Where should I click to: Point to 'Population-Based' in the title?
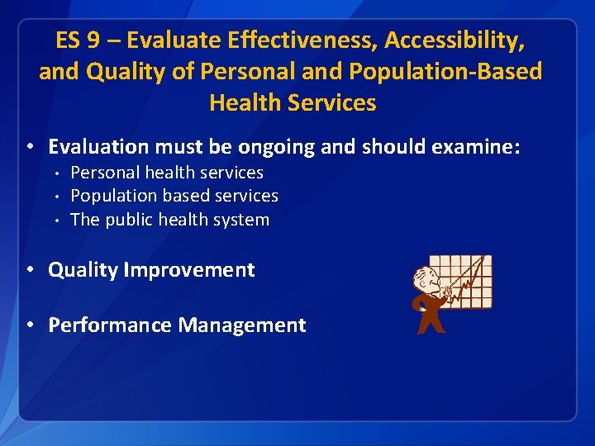[446, 72]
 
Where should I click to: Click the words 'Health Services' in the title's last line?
[293, 103]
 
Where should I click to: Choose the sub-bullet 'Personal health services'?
[167, 173]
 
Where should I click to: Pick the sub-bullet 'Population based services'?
[174, 196]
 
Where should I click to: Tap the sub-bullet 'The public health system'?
[170, 220]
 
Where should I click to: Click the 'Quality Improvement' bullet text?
[151, 270]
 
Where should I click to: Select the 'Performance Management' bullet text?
[177, 325]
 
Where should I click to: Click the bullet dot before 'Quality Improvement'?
[30, 270]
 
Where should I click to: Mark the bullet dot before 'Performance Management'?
[30, 325]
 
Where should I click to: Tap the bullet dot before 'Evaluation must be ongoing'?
[30, 147]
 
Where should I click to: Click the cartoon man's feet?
[431, 328]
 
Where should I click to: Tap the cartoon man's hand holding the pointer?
[447, 290]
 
